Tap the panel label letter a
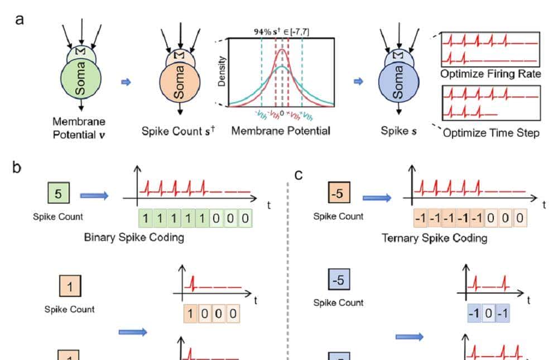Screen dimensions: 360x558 (x=20, y=19)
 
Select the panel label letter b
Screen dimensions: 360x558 (x=17, y=167)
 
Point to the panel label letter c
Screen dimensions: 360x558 (x=299, y=175)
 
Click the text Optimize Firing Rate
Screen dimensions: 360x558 (x=490, y=74)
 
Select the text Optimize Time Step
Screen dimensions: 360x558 (x=492, y=133)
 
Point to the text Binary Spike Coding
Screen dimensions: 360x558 (x=134, y=237)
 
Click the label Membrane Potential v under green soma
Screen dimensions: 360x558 (x=79, y=127)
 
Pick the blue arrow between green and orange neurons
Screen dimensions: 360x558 (x=126, y=82)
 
